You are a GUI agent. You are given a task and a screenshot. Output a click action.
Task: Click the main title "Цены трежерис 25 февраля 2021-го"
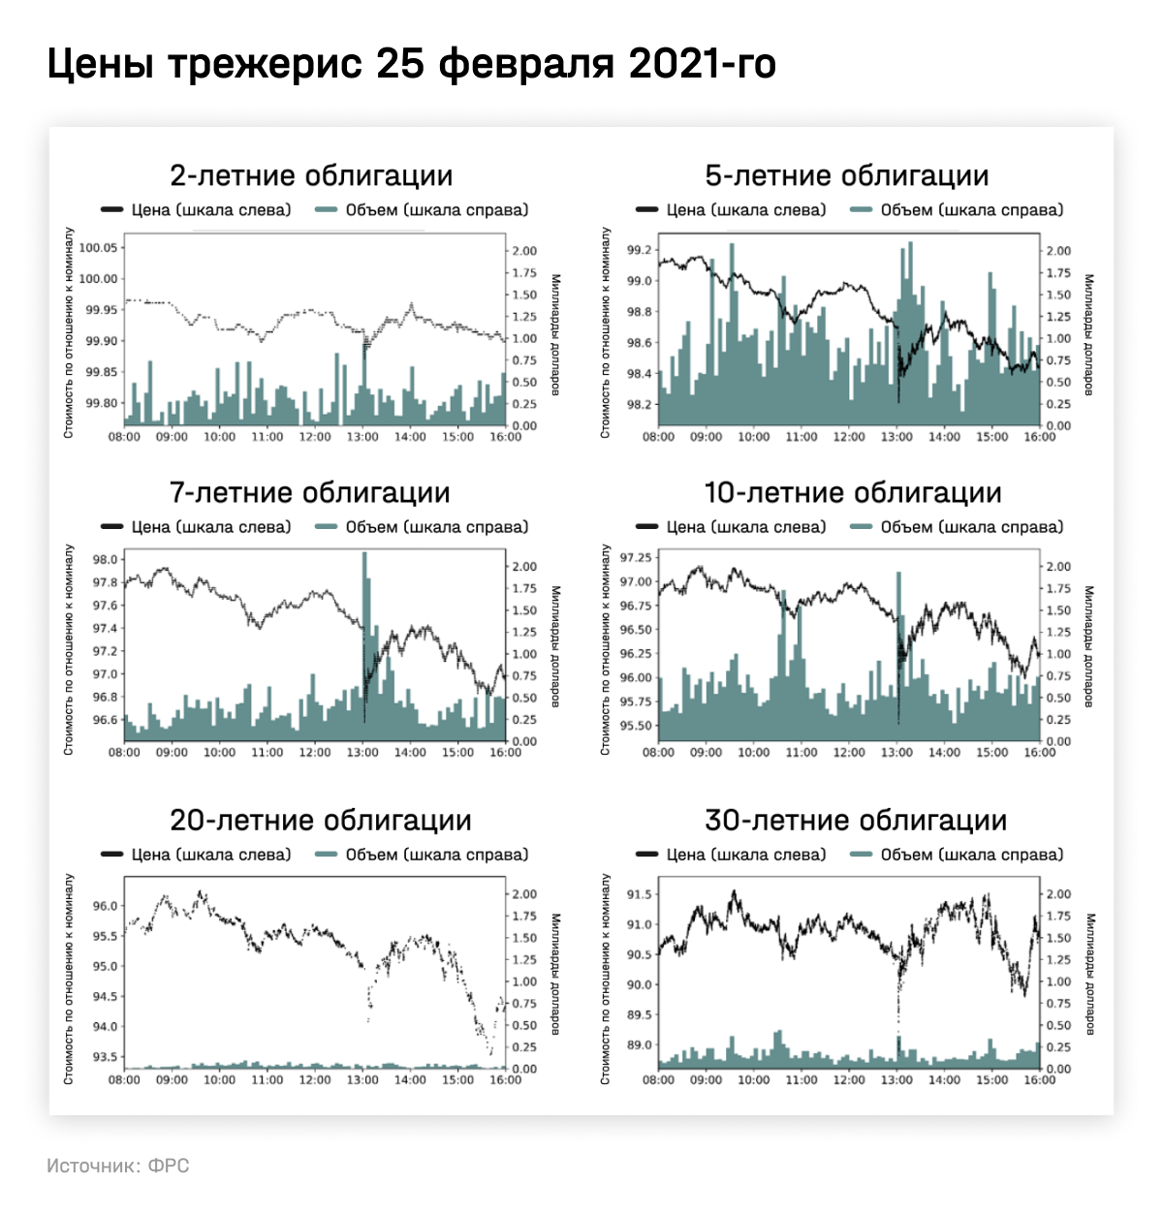click(x=411, y=64)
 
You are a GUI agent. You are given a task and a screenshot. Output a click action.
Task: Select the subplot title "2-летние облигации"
click(x=311, y=175)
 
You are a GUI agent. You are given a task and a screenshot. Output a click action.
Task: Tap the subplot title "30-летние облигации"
click(x=856, y=820)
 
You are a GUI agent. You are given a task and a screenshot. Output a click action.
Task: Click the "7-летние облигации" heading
click(x=310, y=492)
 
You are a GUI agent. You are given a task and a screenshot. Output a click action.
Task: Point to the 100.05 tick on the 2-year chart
click(x=97, y=248)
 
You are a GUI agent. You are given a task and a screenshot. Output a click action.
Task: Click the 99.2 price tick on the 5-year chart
click(x=639, y=250)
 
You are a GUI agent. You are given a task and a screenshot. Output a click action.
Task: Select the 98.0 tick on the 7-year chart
click(x=105, y=560)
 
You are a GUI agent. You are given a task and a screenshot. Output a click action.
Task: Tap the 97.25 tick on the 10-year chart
click(x=636, y=558)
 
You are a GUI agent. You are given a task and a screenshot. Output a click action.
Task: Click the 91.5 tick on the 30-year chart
click(x=639, y=894)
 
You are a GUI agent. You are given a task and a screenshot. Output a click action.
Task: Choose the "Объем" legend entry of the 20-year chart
click(x=423, y=855)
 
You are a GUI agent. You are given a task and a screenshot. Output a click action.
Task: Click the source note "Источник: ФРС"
click(x=118, y=1166)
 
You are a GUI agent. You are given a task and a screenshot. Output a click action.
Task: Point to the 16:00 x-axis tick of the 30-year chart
click(x=1040, y=1079)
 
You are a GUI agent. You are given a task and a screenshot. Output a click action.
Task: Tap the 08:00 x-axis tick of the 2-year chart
click(x=124, y=437)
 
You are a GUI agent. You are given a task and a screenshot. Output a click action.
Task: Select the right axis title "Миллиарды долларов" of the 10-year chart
click(x=1089, y=646)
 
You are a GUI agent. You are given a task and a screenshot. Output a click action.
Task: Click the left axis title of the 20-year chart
click(x=69, y=979)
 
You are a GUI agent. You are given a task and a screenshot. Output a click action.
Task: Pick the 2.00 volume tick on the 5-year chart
click(x=1058, y=251)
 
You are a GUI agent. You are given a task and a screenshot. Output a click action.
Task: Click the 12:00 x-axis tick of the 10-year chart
click(x=849, y=753)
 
